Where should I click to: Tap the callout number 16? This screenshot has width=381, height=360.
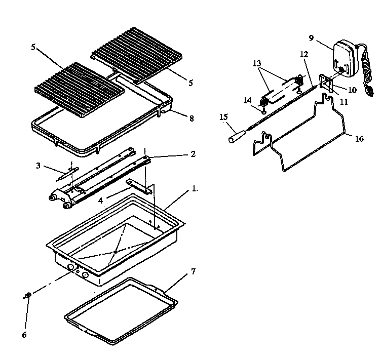click(359, 139)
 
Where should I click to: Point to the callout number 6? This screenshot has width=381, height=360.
click(24, 335)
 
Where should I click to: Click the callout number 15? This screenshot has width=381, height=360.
click(223, 117)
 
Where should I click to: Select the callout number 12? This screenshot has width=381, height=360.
click(303, 54)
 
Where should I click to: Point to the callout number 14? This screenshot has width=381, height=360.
click(247, 100)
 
